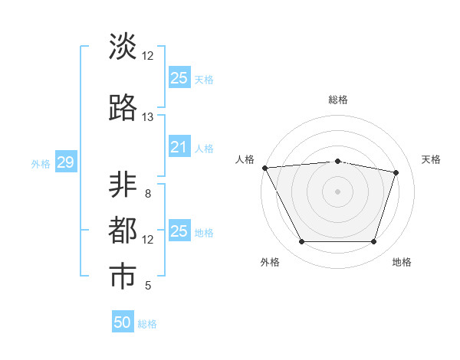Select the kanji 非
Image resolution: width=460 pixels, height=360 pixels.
click(123, 186)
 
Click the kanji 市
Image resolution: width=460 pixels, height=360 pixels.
click(123, 277)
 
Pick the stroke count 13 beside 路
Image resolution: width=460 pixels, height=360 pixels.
click(147, 117)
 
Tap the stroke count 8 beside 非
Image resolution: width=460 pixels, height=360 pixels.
click(147, 194)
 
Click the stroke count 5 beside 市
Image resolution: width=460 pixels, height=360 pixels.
click(147, 286)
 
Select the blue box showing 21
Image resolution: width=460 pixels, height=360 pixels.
click(179, 147)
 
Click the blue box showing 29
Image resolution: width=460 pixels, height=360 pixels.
click(65, 162)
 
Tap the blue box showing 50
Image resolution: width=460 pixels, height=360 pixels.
click(123, 322)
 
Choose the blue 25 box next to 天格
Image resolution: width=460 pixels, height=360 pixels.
click(179, 77)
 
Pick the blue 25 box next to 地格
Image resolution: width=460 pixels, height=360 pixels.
click(179, 231)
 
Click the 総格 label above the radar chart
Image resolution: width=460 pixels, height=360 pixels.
click(337, 100)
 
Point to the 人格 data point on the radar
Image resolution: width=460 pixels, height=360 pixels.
click(264, 168)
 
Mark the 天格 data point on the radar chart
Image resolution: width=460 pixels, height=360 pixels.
click(396, 172)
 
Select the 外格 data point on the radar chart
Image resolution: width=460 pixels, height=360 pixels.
click(301, 242)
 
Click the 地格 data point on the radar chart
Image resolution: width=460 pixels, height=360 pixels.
click(374, 242)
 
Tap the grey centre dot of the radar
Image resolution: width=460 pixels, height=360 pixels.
click(337, 191)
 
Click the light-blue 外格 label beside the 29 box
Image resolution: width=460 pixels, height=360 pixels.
click(40, 163)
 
